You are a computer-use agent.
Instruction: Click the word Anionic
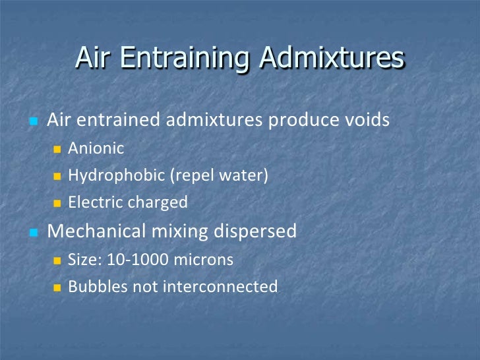tap(96, 148)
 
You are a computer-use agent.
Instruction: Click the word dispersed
tap(256, 232)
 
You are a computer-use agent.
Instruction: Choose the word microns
tap(203, 260)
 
